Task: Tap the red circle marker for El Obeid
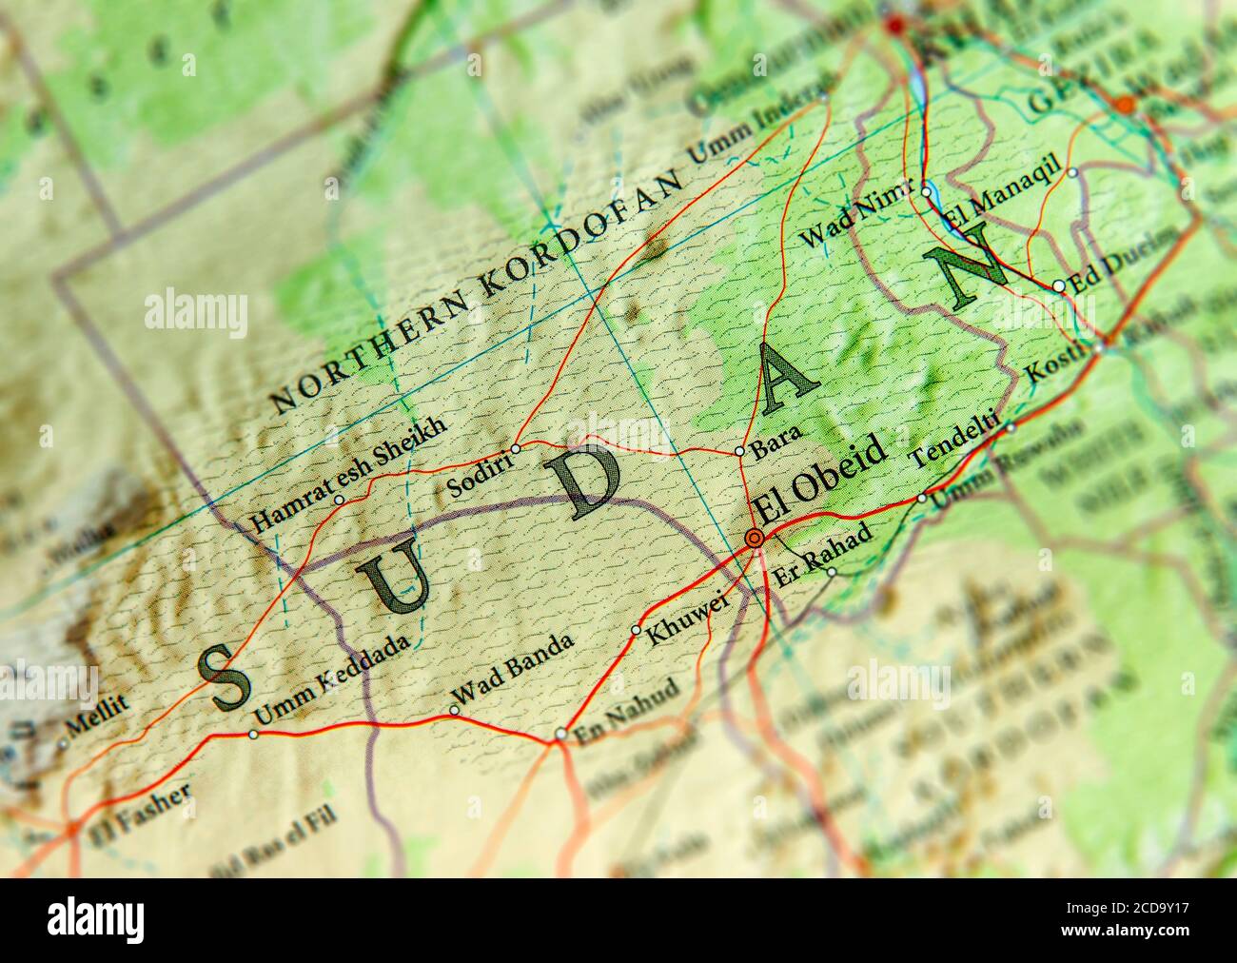pos(755,539)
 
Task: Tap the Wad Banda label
pos(515,671)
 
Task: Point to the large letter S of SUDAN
pos(226,678)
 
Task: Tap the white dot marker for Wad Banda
pos(454,710)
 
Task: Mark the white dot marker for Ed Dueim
pos(1058,285)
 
